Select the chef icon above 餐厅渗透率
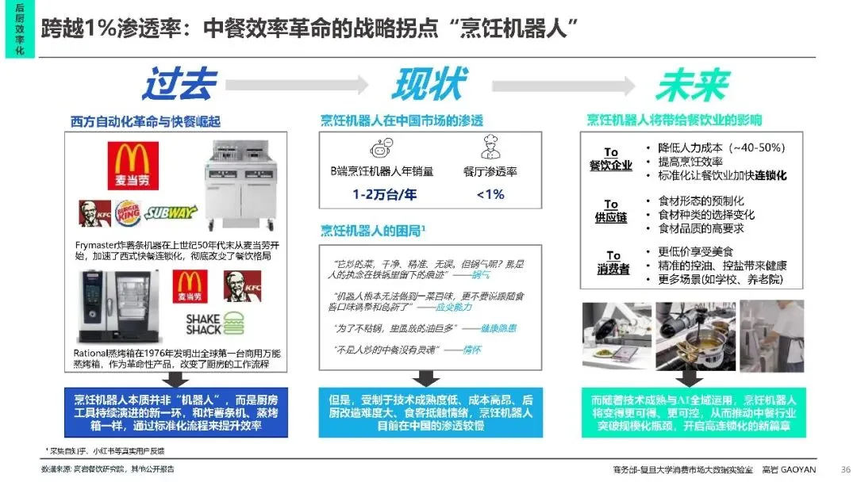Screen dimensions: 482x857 [x=490, y=149]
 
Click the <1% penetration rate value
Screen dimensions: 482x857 [x=490, y=193]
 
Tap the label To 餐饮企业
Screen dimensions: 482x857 [x=610, y=159]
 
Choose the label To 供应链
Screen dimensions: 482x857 [x=610, y=211]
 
